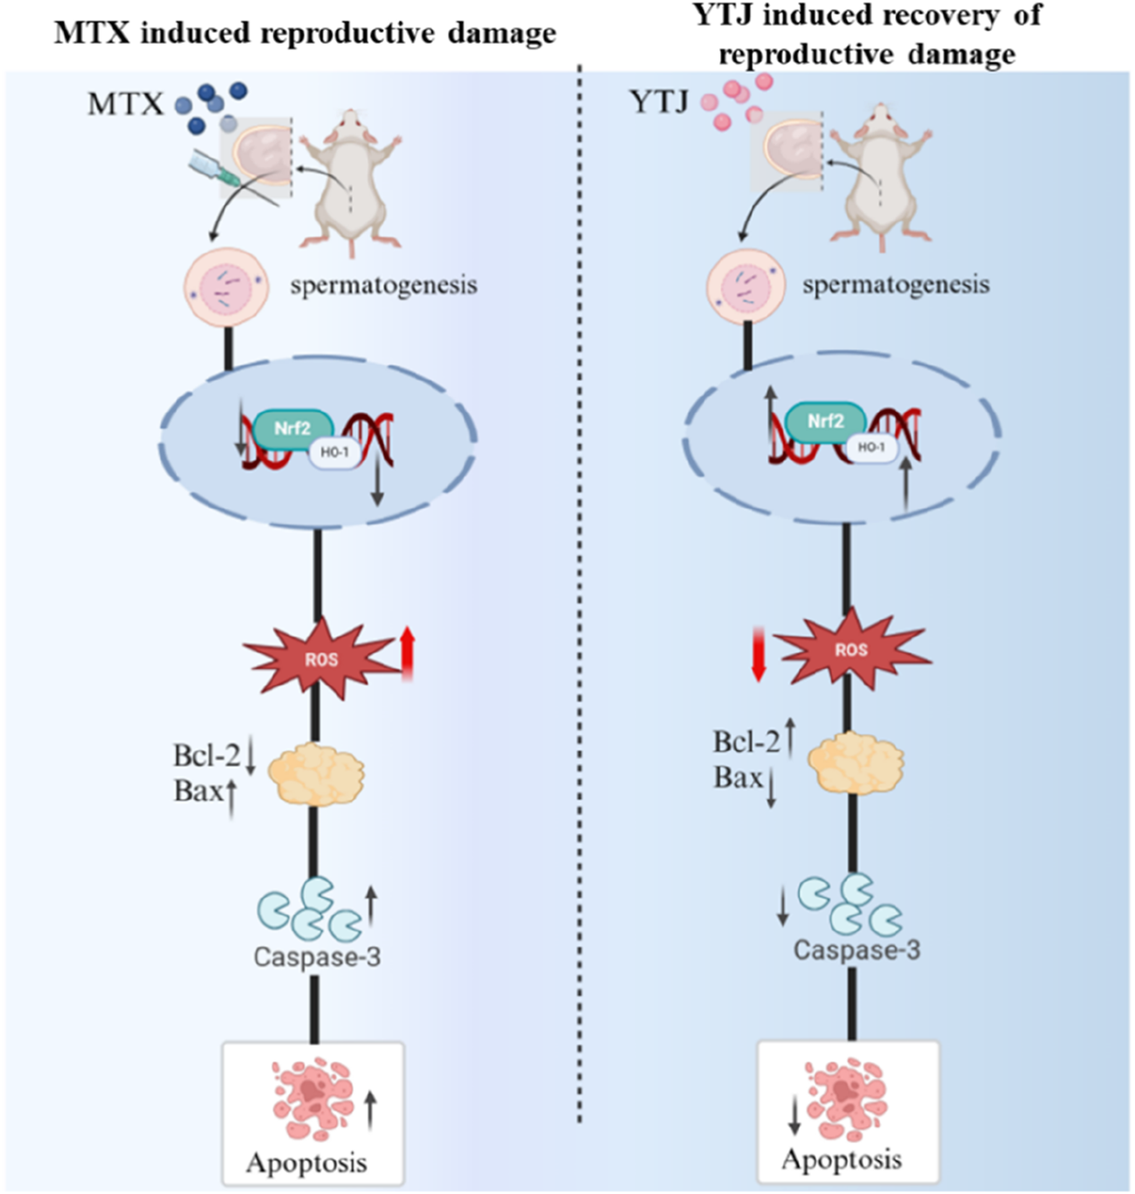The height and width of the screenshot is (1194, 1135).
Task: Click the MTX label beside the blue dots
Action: click(125, 104)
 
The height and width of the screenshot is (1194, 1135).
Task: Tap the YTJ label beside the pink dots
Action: click(659, 101)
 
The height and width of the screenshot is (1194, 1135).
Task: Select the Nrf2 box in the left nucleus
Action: click(292, 428)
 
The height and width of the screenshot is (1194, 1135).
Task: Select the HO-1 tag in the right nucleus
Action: click(870, 447)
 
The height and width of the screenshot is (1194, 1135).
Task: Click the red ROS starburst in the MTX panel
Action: click(320, 659)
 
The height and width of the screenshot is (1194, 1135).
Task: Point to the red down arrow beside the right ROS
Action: click(758, 657)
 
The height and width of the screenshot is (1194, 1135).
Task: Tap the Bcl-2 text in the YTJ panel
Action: click(746, 742)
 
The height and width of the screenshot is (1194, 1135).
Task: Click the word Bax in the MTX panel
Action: click(198, 790)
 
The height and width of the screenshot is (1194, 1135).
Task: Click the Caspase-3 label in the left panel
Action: click(317, 956)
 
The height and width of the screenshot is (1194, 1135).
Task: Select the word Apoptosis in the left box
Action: click(306, 1163)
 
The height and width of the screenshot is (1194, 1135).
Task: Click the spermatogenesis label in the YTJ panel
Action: click(896, 285)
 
